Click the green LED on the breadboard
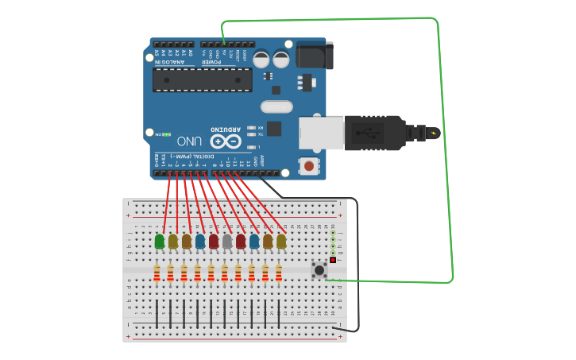tap(160, 241)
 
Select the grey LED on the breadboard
tap(227, 241)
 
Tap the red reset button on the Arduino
tap(307, 166)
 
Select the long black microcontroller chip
tap(202, 79)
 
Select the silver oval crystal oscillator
tap(276, 106)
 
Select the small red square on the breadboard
tap(333, 261)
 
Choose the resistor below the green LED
tap(157, 273)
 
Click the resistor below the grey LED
tap(224, 273)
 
